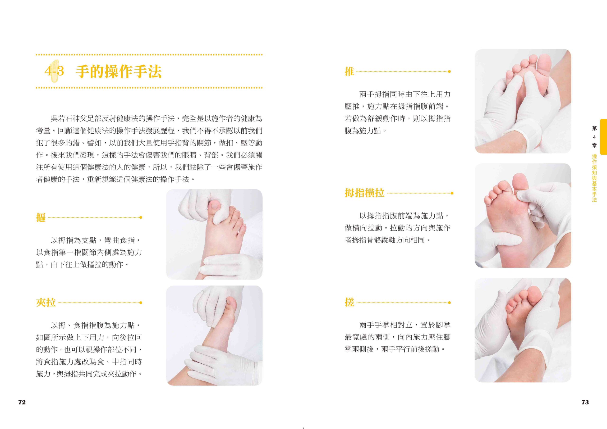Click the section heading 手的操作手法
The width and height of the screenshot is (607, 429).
[119, 72]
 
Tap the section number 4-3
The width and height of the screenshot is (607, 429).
[54, 71]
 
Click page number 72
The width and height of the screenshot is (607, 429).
[22, 402]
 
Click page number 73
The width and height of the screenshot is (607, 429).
[585, 402]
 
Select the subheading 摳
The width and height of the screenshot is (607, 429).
[41, 217]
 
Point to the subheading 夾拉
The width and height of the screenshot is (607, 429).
[46, 303]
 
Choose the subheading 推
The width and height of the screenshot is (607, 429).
[349, 72]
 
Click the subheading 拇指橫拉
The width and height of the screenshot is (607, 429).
[364, 193]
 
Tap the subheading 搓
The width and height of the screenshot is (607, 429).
[349, 303]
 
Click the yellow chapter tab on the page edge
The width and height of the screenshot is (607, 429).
[603, 137]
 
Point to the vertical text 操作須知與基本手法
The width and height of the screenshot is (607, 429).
[594, 178]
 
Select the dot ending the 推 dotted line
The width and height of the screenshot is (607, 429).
[449, 72]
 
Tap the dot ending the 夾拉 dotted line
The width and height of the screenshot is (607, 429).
[141, 303]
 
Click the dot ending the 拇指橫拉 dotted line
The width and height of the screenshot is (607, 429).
[452, 193]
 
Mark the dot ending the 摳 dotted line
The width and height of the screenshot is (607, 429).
[141, 217]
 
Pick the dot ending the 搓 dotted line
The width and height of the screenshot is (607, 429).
[449, 303]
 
